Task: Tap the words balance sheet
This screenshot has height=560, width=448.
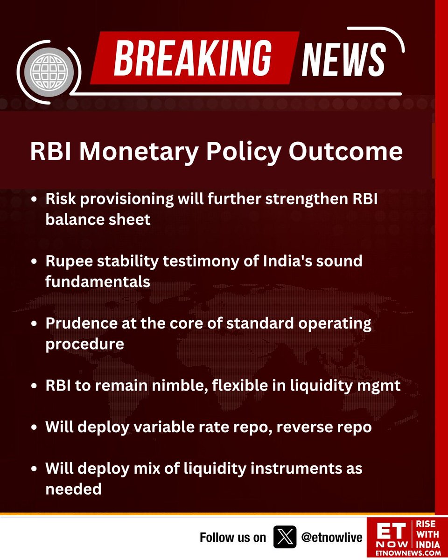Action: pyautogui.click(x=98, y=219)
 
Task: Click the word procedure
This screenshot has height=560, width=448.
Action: pyautogui.click(x=84, y=344)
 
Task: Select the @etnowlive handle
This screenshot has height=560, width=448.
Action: pyautogui.click(x=332, y=538)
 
